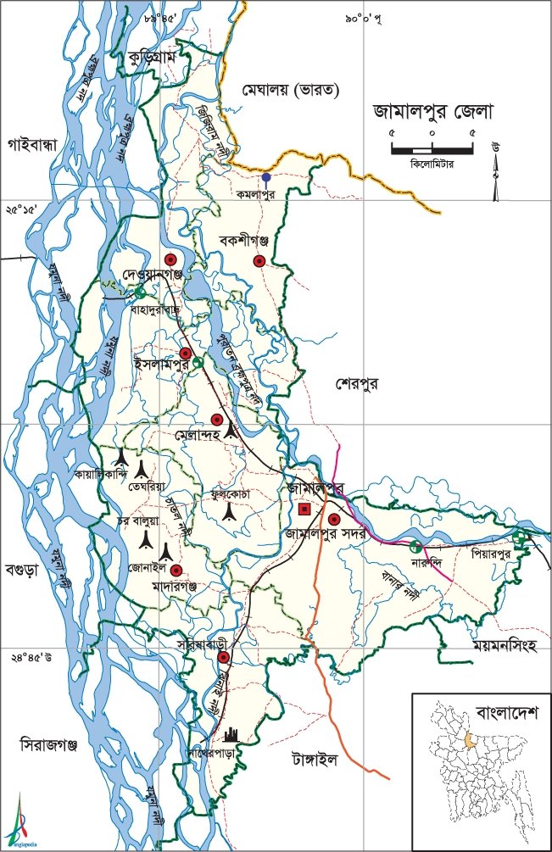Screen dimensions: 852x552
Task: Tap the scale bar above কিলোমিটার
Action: pos(432,149)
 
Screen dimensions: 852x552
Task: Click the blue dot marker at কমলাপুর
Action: pos(266,178)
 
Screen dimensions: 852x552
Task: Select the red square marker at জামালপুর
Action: pos(304,510)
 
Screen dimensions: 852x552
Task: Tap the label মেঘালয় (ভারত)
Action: pos(290,88)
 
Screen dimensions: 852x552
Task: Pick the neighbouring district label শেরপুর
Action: pos(355,383)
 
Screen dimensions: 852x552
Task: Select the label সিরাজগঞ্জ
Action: pos(49,744)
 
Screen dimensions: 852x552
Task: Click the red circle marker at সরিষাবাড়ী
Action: pos(223,657)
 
